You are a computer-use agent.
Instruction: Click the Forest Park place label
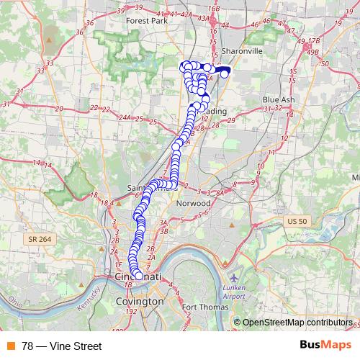tap(146, 21)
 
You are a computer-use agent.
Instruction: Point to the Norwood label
tap(193, 203)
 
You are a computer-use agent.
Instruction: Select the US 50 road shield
tap(295, 220)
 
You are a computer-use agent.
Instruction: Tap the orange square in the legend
tap(11, 346)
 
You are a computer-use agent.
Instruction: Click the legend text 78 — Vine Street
tap(62, 346)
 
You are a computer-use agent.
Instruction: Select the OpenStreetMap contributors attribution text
tap(297, 323)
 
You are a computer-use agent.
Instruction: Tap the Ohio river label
tap(16, 307)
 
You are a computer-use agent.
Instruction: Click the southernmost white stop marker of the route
tap(138, 274)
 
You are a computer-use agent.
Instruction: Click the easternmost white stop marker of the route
tap(225, 73)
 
